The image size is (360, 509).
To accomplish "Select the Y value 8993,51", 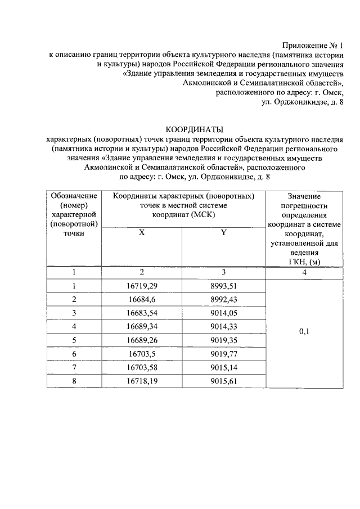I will tap(223, 286).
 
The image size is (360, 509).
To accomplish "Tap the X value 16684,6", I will tap(142, 299).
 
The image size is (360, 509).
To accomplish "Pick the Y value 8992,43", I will tap(223, 299).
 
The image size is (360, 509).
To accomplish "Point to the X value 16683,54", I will tap(142, 313).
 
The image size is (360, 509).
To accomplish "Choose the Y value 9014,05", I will tap(223, 313).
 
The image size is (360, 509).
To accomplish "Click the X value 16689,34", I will tap(142, 326).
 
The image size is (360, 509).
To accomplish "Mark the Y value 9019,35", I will tap(223, 340).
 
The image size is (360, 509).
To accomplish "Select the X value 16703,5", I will tap(142, 354).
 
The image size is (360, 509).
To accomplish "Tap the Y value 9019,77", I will tap(223, 354).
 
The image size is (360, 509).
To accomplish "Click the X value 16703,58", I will tap(142, 367).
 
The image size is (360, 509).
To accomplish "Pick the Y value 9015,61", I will tap(223, 381).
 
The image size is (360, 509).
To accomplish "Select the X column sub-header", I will tap(142, 233).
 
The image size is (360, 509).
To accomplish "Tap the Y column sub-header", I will tap(223, 233).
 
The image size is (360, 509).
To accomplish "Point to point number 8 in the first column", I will tap(74, 381).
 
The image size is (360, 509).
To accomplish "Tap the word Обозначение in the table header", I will tap(74, 196).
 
